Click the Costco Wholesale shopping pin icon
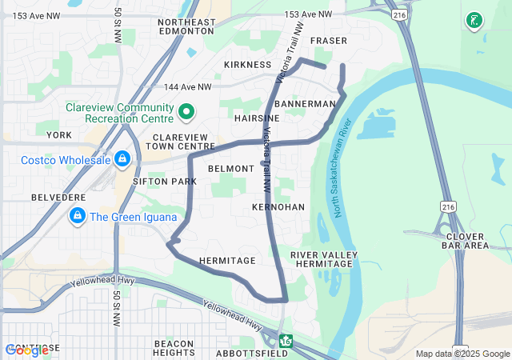click(x=122, y=160)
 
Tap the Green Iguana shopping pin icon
click(x=78, y=215)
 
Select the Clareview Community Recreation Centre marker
click(x=186, y=113)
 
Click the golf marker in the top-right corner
click(x=474, y=20)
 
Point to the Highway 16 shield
click(x=286, y=342)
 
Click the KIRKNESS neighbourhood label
click(x=248, y=64)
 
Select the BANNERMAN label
click(x=304, y=104)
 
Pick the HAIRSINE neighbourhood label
click(x=257, y=118)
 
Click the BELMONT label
click(x=230, y=169)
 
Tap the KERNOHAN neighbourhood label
click(x=278, y=206)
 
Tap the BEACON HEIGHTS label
click(x=174, y=348)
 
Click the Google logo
click(x=26, y=350)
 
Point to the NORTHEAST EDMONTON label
click(x=187, y=27)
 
